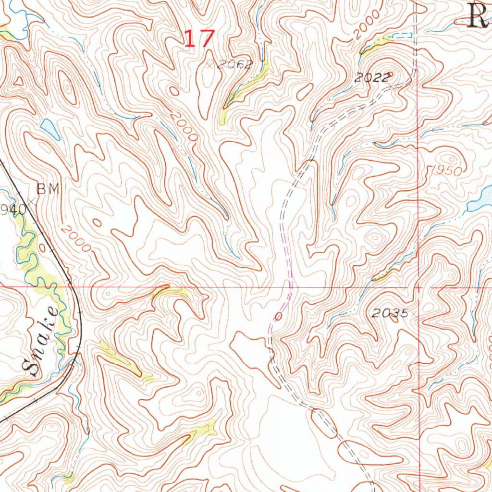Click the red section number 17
(x=198, y=38)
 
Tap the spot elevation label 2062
(x=234, y=65)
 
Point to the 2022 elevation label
(x=373, y=79)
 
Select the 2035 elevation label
(x=391, y=314)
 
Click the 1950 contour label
(x=446, y=171)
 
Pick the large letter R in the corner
(x=479, y=16)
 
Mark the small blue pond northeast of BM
(x=49, y=128)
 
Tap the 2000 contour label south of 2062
(x=184, y=127)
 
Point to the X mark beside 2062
(x=209, y=63)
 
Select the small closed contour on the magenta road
(x=279, y=316)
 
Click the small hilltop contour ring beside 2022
(x=390, y=75)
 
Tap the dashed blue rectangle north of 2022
(x=402, y=35)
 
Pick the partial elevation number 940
(x=12, y=209)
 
